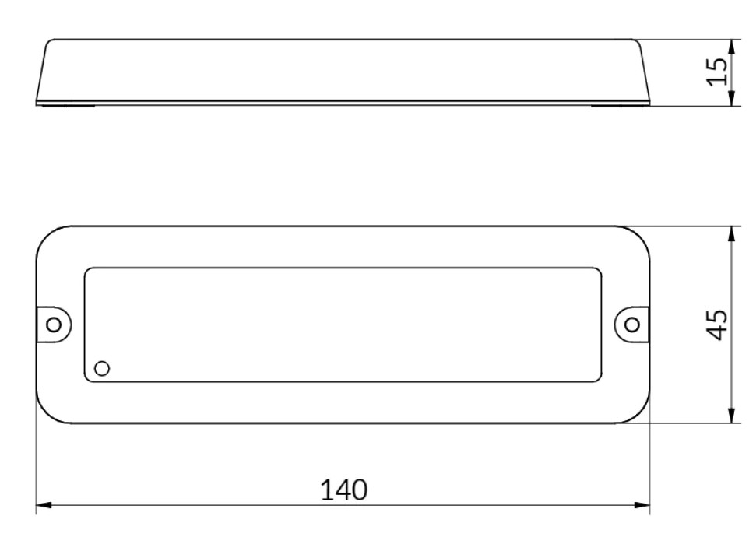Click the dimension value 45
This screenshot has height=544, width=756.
point(719,324)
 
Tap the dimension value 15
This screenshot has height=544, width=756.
point(721,72)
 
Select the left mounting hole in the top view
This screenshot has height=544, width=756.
point(55,324)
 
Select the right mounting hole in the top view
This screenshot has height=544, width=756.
point(632,324)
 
